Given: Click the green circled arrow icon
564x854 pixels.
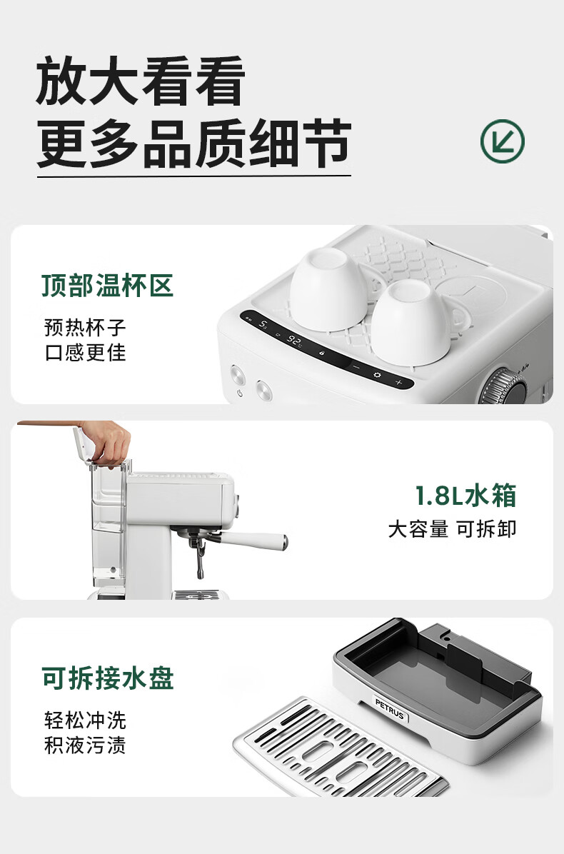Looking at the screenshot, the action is pyautogui.click(x=502, y=141).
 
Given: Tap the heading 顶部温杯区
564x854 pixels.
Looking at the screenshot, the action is pyautogui.click(x=107, y=286).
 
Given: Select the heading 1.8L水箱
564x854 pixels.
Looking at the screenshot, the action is pyautogui.click(x=465, y=495).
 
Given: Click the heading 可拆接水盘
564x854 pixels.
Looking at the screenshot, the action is pyautogui.click(x=108, y=678).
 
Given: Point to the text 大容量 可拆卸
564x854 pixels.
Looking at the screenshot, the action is pyautogui.click(x=452, y=529).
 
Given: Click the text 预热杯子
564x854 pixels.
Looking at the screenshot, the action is pyautogui.click(x=85, y=328).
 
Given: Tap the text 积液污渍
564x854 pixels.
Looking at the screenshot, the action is pyautogui.click(x=85, y=745).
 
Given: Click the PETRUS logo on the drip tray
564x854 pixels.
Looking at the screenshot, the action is pyautogui.click(x=390, y=708).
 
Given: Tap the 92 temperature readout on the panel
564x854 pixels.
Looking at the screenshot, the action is pyautogui.click(x=295, y=341).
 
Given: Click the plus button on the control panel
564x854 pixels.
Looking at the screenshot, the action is pyautogui.click(x=398, y=382).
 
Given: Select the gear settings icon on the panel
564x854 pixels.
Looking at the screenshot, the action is pyautogui.click(x=377, y=375).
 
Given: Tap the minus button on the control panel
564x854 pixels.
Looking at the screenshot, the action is pyautogui.click(x=356, y=367).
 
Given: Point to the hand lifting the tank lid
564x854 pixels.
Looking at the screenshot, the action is pyautogui.click(x=106, y=442).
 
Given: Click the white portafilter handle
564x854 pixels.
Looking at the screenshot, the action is pyautogui.click(x=253, y=539).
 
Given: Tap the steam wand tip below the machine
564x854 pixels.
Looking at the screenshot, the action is pyautogui.click(x=200, y=572).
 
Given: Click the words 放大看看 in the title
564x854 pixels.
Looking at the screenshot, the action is pyautogui.click(x=141, y=81).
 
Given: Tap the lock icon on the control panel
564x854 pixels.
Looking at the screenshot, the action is pyautogui.click(x=322, y=353).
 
